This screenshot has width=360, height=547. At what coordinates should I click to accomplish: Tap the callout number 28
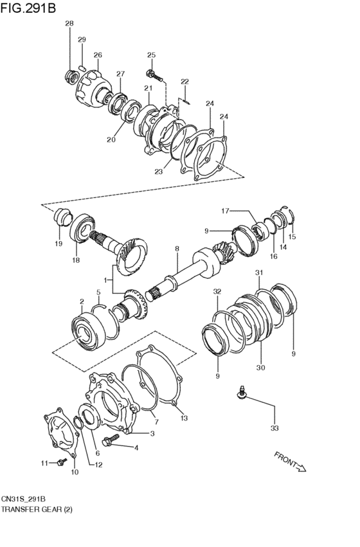(69, 24)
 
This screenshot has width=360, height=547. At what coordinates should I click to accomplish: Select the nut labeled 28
(72, 77)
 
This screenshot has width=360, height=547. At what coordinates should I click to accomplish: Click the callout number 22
(184, 82)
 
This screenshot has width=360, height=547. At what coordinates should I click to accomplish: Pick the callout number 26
(98, 55)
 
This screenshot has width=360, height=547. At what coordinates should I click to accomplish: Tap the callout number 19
(58, 244)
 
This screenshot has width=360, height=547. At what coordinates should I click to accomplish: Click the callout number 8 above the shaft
(177, 248)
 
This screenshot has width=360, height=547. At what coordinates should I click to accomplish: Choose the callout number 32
(217, 291)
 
